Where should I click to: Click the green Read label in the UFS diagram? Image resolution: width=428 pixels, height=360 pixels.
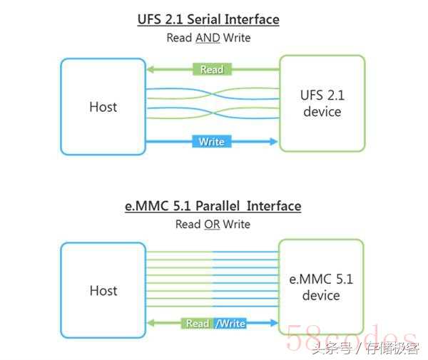212,69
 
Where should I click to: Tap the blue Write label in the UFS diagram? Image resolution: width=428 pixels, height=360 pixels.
212,142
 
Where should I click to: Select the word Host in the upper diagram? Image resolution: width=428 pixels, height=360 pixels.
103,107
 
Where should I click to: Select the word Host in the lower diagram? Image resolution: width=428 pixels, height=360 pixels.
103,291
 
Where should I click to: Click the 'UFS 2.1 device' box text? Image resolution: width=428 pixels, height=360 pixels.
322,103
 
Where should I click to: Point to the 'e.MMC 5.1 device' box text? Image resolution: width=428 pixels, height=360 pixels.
321,287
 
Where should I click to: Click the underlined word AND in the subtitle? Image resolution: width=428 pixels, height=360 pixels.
208,38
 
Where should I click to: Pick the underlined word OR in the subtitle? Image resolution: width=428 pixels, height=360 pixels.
212,225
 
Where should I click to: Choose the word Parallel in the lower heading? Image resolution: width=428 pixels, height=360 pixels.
218,206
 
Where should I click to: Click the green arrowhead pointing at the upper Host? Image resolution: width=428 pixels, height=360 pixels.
151,69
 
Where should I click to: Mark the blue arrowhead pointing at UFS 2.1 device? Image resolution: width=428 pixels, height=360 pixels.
274,141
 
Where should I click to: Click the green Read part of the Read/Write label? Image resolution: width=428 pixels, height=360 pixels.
198,324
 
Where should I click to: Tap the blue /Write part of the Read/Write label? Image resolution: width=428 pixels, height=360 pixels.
230,324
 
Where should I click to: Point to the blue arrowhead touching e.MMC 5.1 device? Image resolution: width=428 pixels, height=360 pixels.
274,323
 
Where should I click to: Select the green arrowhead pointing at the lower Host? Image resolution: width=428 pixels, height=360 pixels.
151,323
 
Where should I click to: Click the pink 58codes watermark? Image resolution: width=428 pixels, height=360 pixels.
352,337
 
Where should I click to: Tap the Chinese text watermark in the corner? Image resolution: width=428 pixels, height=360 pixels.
366,348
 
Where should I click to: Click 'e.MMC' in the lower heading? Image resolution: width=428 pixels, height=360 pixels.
146,206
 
